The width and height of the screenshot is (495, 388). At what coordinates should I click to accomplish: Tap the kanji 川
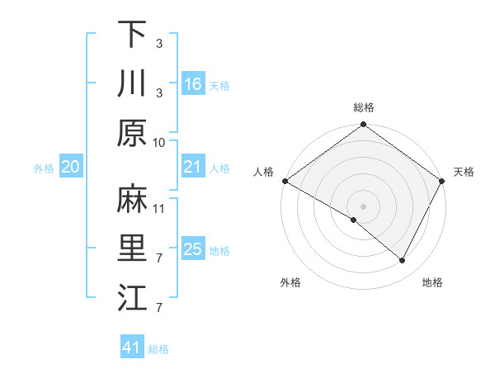pyautogui.click(x=132, y=83)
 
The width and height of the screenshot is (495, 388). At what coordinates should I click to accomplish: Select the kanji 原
pyautogui.click(x=132, y=133)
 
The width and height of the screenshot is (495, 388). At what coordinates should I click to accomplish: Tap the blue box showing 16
pyautogui.click(x=193, y=84)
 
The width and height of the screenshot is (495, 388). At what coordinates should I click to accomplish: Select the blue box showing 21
pyautogui.click(x=193, y=168)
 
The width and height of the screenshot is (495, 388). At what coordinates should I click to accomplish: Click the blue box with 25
pyautogui.click(x=193, y=250)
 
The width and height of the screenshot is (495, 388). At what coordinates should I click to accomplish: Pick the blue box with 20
pyautogui.click(x=71, y=168)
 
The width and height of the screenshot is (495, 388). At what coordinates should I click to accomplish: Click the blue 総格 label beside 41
pyautogui.click(x=158, y=349)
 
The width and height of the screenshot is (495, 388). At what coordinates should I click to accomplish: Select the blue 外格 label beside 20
pyautogui.click(x=44, y=168)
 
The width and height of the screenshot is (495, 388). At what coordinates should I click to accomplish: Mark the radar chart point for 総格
pyautogui.click(x=363, y=125)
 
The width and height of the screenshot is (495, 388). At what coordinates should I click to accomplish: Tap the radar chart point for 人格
pyautogui.click(x=285, y=181)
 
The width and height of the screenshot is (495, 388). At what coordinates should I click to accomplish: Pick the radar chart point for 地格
pyautogui.click(x=403, y=261)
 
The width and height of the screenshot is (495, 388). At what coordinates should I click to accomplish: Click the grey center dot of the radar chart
pyautogui.click(x=363, y=206)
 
